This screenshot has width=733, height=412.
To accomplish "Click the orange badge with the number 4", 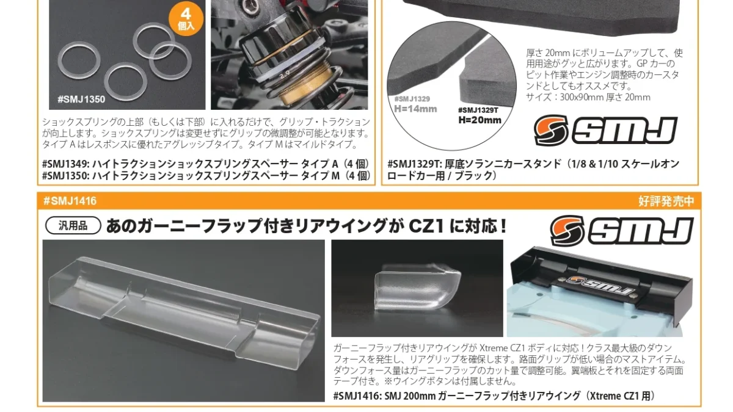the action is click(x=186, y=20).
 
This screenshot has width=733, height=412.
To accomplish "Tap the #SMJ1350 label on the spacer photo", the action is click(x=81, y=99).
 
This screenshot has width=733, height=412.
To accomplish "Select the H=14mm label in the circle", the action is click(x=415, y=109).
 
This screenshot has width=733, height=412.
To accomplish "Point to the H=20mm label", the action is click(x=480, y=120).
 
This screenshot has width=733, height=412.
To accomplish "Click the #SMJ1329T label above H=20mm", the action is click(x=478, y=110).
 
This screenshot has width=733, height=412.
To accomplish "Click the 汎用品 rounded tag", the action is click(x=73, y=225).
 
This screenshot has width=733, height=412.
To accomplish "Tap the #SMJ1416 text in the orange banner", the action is click(x=70, y=201).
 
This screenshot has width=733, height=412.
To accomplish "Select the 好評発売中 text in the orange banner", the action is click(x=666, y=201).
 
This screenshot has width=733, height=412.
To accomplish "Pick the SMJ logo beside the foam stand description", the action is click(x=605, y=130).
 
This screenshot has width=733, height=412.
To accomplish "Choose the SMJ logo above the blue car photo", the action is click(x=622, y=231).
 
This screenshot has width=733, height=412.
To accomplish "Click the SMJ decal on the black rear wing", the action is click(x=600, y=286).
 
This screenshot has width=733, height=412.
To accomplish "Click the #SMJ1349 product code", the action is click(x=65, y=164).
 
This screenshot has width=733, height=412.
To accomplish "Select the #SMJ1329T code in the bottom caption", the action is click(x=415, y=164).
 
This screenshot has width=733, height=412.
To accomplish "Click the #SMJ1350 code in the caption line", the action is click(x=65, y=176).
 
